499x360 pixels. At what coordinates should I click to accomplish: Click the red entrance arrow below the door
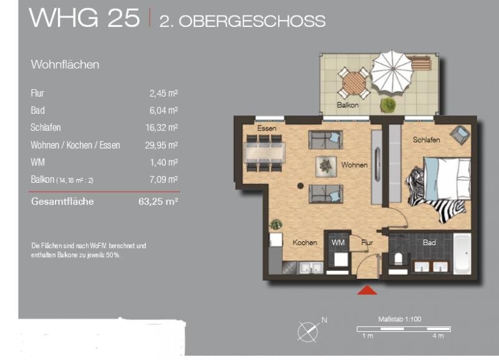point(367,290)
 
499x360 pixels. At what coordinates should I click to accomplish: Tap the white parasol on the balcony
point(392,73)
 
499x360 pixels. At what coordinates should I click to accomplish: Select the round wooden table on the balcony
point(354,83)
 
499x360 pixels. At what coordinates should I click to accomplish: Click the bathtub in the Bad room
point(462,254)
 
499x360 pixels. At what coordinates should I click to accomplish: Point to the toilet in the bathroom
point(399,258)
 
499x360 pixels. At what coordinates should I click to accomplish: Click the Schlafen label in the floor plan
point(427,139)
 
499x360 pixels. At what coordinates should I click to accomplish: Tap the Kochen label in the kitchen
point(304,243)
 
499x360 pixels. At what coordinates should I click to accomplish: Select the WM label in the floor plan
point(338,243)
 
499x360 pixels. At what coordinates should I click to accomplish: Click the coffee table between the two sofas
point(326,166)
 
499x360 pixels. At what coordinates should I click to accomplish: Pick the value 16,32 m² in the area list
point(162,128)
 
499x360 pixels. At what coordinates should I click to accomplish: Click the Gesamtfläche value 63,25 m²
point(158,202)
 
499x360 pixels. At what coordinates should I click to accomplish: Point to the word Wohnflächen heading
point(65,65)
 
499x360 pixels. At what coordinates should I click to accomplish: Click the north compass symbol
point(309,331)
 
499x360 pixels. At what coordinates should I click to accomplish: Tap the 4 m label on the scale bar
point(438,336)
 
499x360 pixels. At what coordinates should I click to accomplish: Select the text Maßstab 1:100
point(400,319)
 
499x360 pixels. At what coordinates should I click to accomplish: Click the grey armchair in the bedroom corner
point(460,135)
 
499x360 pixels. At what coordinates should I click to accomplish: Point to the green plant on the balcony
point(387,105)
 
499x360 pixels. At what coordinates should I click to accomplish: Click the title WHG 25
point(84,17)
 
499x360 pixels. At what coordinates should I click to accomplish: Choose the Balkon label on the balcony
point(348,105)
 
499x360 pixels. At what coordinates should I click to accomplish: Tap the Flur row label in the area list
point(37,93)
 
